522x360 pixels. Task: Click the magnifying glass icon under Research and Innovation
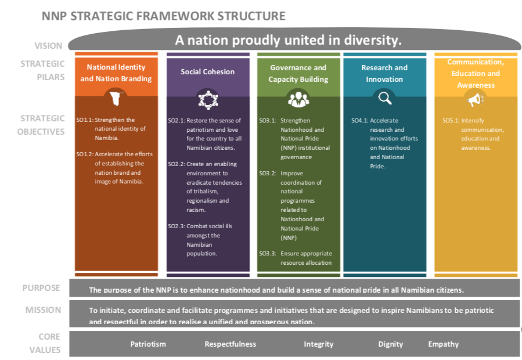point(384,98)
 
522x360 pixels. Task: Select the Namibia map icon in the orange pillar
point(116,98)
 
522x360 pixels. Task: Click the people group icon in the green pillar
point(298,98)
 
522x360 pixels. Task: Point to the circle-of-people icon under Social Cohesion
point(207,99)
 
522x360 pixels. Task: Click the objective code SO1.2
point(84,154)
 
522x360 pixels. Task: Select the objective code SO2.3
point(176,226)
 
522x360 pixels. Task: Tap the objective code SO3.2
point(267,173)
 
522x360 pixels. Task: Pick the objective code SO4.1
point(359,121)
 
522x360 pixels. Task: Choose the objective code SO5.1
point(451,121)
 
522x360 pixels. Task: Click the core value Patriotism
point(147,344)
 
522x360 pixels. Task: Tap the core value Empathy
point(443,344)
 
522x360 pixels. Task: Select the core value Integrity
point(318,344)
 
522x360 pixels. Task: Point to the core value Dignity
point(390,344)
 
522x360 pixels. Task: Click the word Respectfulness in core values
point(230,344)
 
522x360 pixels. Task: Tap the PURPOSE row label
point(41,288)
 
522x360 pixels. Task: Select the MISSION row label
point(43,310)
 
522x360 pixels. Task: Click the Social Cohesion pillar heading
point(207,72)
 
